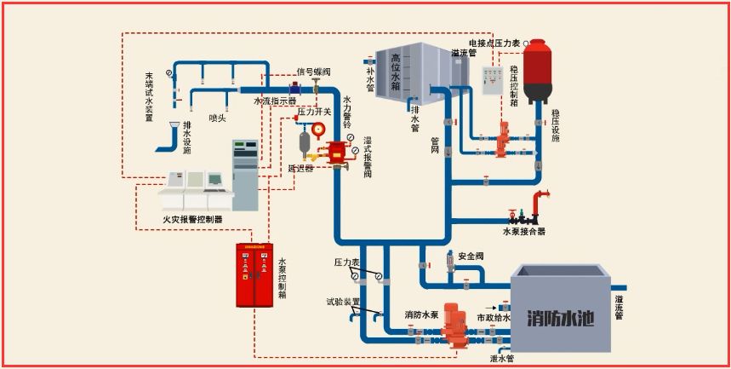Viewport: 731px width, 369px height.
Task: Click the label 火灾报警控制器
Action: (192, 219)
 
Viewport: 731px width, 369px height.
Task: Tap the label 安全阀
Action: (471, 256)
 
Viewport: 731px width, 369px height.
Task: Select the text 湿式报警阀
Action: (367, 157)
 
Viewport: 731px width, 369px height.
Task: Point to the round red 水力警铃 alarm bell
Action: (318, 130)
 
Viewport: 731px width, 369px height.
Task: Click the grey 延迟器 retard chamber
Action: (304, 144)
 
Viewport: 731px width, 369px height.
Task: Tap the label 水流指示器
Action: (275, 100)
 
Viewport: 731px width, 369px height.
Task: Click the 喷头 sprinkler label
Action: (217, 118)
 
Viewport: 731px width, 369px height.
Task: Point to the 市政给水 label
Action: (494, 318)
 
